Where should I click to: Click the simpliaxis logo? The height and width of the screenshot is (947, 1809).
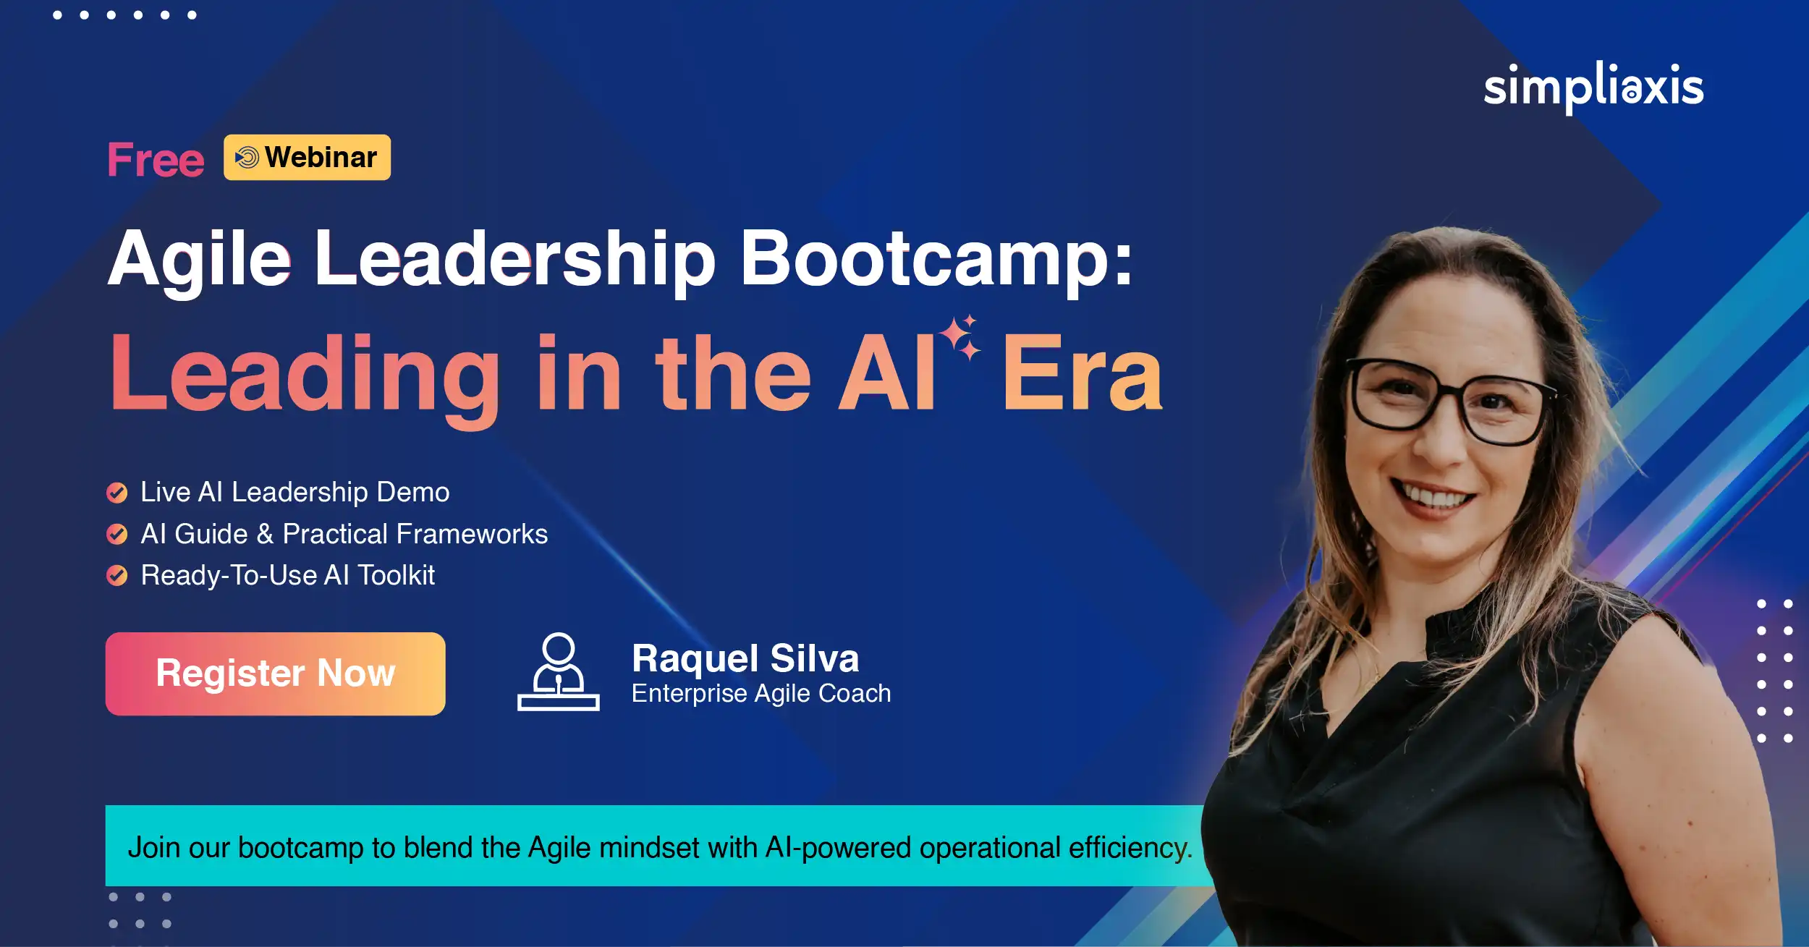pos(1593,88)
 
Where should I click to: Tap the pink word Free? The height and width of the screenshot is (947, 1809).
pos(156,159)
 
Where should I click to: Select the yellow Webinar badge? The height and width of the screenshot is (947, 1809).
pos(307,157)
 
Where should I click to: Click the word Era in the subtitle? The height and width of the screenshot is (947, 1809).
pos(1083,374)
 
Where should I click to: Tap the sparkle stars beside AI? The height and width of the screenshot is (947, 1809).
pos(960,337)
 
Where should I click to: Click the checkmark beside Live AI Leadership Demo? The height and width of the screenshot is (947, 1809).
pos(116,493)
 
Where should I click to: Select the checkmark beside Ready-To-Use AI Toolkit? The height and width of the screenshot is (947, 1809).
pos(116,576)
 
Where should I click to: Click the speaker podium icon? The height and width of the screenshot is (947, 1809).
pos(559,672)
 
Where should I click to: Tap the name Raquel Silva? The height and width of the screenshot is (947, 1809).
pos(745,658)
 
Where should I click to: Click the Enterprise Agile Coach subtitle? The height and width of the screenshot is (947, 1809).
pos(761,693)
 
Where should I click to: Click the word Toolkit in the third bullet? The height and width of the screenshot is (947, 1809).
pos(397,575)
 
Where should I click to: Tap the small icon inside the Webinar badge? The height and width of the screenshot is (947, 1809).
pos(247,157)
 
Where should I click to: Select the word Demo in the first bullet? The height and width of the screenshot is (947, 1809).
pos(413,492)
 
